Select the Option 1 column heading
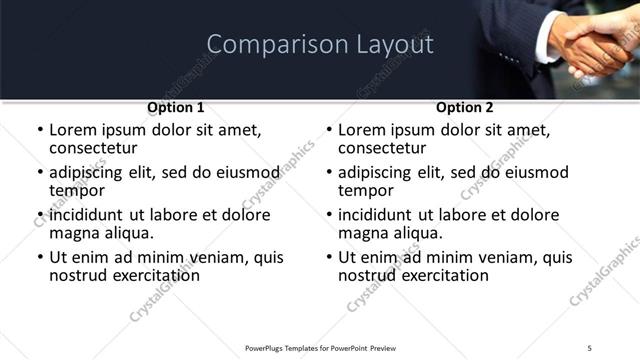tap(176, 107)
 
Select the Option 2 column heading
tap(465, 107)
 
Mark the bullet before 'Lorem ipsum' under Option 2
tap(329, 130)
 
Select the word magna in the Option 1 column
tap(74, 233)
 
